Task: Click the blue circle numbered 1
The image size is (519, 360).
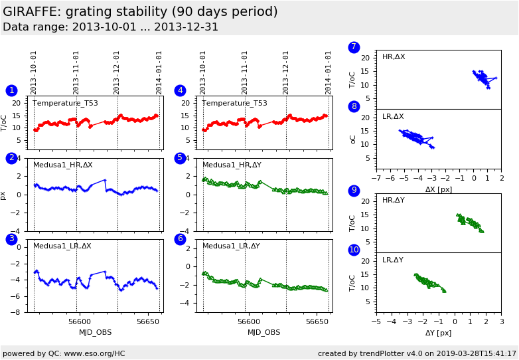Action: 11,90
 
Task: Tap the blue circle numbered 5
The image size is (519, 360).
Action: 180,158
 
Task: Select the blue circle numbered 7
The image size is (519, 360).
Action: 354,47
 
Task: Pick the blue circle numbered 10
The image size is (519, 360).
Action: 354,250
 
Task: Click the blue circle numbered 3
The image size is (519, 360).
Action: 11,239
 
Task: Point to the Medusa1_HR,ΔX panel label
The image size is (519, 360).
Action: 62,165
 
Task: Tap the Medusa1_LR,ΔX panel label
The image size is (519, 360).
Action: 62,246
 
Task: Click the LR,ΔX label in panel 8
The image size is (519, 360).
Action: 393,117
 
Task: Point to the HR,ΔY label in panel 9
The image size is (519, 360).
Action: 393,201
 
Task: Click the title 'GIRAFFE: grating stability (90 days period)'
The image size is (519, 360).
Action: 140,12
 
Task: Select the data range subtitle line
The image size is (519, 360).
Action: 110,27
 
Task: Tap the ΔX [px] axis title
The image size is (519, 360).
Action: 438,190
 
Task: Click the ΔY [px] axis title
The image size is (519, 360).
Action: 438,333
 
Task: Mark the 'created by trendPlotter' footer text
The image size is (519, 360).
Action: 417,353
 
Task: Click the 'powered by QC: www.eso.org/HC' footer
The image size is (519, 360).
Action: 64,353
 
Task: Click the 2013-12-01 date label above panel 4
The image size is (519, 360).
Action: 287,72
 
